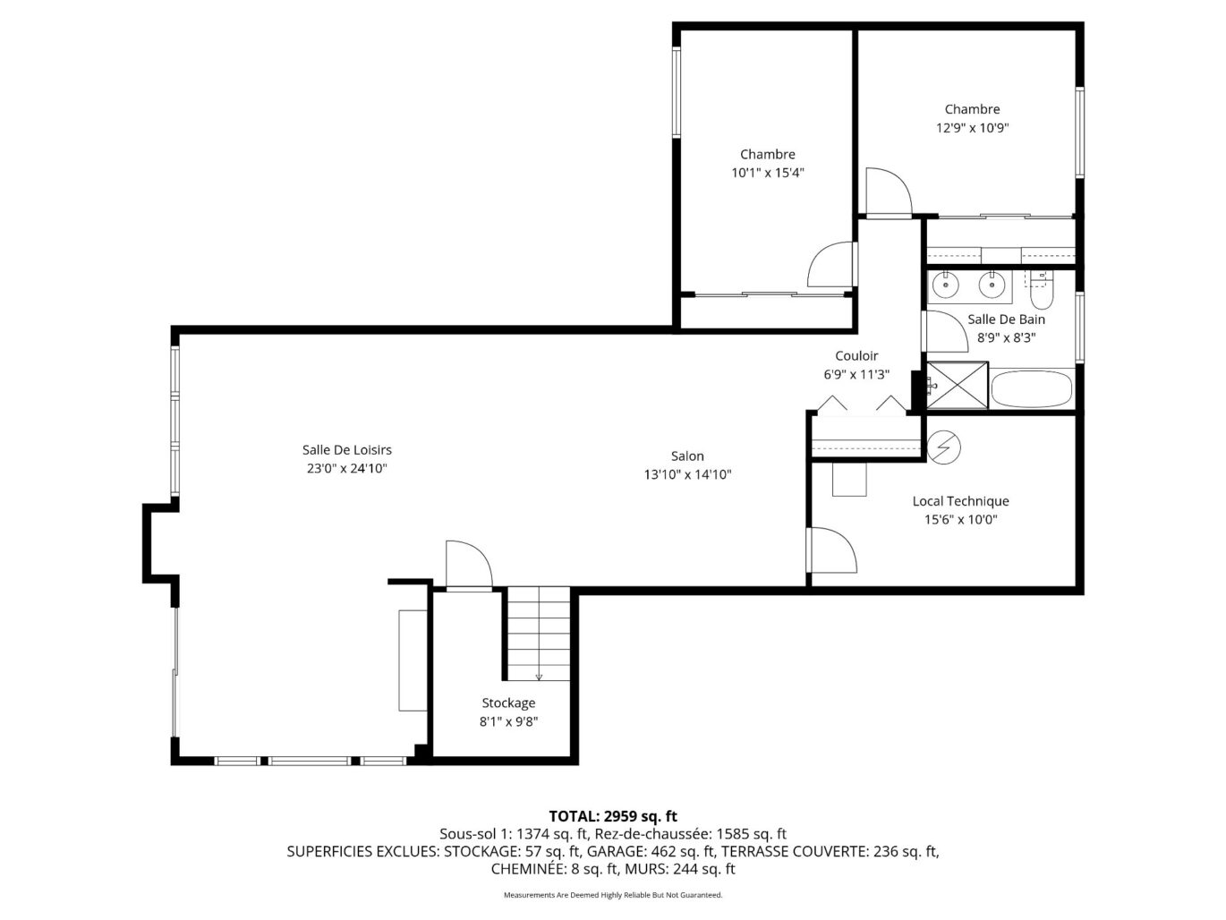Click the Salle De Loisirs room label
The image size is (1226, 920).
[x=347, y=449]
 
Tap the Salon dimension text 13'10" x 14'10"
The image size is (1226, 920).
[x=687, y=474]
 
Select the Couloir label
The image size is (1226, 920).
[x=856, y=356]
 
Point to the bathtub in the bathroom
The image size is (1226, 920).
[x=1031, y=388]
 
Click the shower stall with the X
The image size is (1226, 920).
[x=957, y=386]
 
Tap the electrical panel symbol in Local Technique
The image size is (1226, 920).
[x=943, y=447]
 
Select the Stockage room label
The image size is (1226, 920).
[x=508, y=703]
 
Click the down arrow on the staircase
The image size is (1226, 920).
[x=539, y=677]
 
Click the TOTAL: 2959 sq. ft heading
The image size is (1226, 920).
[x=613, y=816]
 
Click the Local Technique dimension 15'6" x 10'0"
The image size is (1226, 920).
[x=960, y=519]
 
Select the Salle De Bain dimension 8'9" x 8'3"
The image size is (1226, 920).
[x=1006, y=337]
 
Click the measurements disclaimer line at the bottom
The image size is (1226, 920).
[x=613, y=895]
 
